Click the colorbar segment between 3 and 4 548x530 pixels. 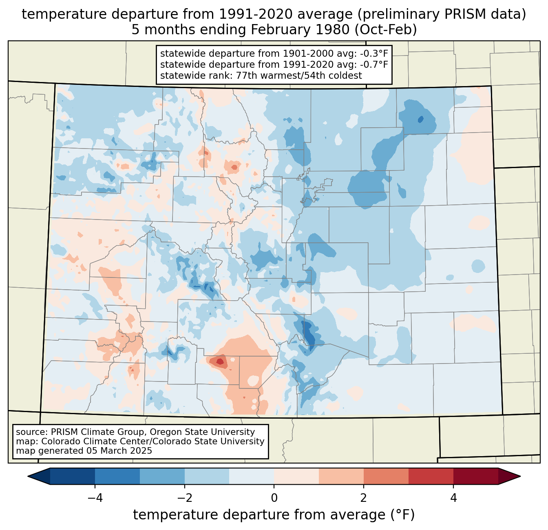(x=431, y=476)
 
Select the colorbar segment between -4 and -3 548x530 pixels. (x=117, y=476)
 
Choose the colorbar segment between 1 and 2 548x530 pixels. (x=341, y=476)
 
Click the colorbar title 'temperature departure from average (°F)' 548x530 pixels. (x=274, y=515)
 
